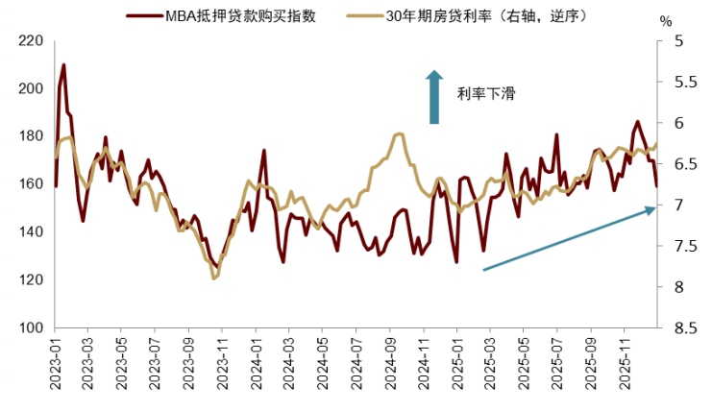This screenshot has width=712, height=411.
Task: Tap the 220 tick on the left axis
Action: coord(32,41)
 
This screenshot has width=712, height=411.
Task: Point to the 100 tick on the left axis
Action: coord(32,328)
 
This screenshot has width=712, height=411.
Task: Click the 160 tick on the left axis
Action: coord(32,184)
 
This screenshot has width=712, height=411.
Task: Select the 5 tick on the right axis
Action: coord(678,41)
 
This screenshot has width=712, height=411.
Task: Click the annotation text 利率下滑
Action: coord(486,94)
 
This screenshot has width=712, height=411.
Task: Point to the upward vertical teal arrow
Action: coord(434,96)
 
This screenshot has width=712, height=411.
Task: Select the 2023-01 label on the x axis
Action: coord(55,365)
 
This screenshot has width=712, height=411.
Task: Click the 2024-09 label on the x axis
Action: coord(391,365)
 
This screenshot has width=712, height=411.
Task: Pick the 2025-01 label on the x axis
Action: coord(457,365)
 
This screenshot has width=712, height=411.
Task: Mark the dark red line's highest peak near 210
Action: coord(63,64)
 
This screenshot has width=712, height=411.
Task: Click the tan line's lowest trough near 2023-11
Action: coord(214,278)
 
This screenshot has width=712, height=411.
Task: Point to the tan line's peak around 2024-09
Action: coord(399,133)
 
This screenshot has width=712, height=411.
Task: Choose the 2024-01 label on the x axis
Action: coord(257,365)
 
